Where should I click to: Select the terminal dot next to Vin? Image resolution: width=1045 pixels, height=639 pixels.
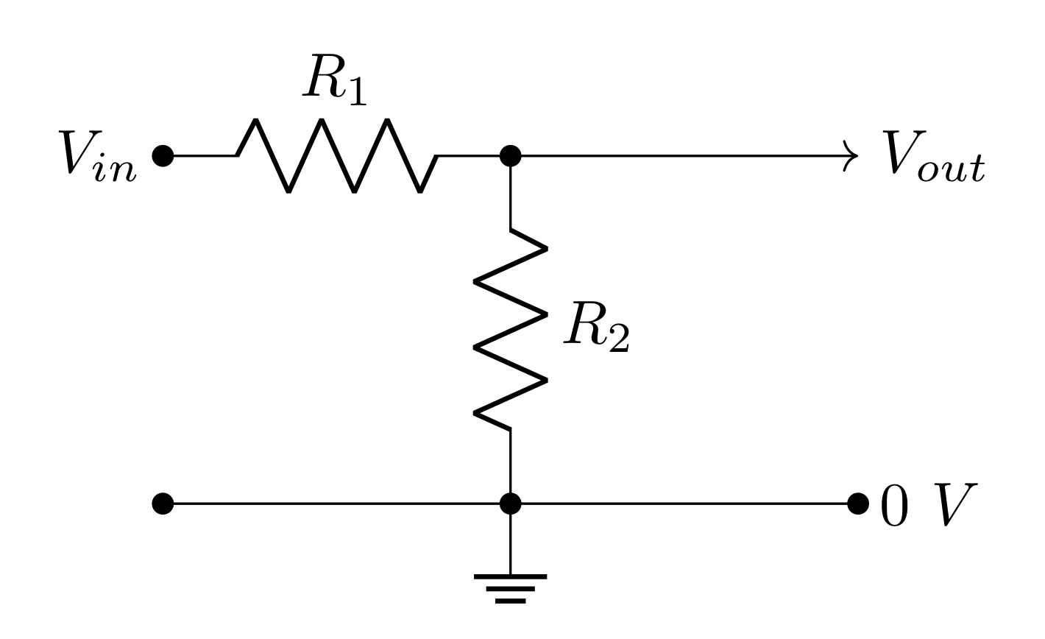tap(163, 156)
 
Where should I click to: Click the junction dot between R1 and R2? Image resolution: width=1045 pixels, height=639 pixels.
tap(510, 156)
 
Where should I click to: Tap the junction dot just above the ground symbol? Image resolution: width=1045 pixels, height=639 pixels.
tap(510, 504)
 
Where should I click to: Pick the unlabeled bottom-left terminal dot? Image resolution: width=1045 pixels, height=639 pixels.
tap(163, 504)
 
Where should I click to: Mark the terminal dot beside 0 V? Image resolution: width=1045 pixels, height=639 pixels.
tap(858, 504)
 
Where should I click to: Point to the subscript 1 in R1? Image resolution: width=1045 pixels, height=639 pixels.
tap(355, 93)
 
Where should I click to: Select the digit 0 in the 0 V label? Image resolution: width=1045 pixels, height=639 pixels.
tap(896, 505)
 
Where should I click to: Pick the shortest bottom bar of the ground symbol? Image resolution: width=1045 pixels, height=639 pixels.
tap(510, 601)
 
